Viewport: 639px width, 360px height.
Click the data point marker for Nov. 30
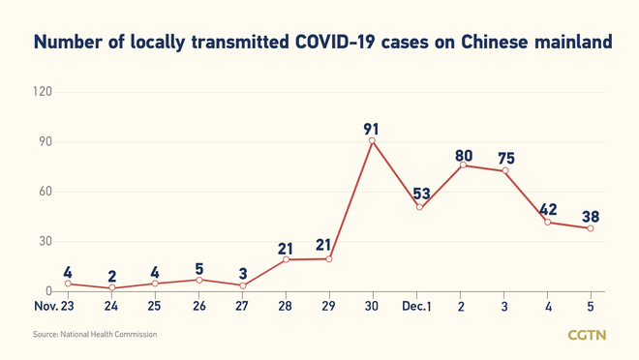point(372,141)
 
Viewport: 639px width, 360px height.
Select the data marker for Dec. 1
point(419,207)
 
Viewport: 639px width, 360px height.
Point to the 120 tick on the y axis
point(42,92)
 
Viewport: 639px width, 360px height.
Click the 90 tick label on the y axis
point(45,142)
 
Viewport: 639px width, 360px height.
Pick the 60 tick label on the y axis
point(45,192)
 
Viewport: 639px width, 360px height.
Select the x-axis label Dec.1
point(417,307)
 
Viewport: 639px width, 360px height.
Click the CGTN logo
point(587,335)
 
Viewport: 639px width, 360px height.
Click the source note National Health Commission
point(95,335)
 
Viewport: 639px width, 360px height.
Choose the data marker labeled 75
point(504,171)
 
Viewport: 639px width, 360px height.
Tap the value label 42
point(547,209)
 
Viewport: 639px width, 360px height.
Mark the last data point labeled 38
point(591,228)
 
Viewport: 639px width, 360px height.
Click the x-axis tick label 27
point(242,307)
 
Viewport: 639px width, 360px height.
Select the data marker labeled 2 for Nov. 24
point(111,287)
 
